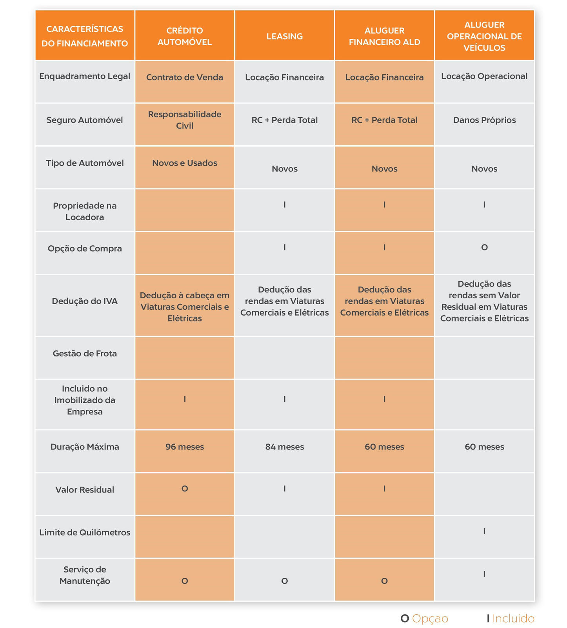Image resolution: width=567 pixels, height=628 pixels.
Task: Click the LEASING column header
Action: coord(284,36)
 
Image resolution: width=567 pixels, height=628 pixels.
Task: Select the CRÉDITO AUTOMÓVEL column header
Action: coord(184,36)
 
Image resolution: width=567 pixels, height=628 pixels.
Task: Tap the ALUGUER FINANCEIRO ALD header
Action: coord(384,36)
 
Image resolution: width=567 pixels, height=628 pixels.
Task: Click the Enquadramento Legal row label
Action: coord(85,76)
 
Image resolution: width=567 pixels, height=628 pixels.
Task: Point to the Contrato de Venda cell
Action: coord(184,77)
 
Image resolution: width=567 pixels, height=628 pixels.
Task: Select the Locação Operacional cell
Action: coord(484,76)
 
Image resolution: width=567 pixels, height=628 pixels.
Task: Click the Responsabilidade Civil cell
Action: coord(184,120)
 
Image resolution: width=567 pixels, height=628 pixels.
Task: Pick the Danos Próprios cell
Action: coord(484,120)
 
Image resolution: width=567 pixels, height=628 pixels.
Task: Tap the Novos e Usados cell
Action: coord(184,163)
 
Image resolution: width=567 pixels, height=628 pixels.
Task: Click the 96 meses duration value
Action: coord(184,447)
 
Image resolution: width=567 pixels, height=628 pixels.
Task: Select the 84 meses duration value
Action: coord(284,447)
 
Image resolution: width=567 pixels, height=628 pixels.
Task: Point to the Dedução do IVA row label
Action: coord(85,301)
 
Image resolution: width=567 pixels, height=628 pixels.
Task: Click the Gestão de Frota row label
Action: coord(85,353)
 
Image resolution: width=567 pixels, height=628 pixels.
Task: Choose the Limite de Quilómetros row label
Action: coord(85,532)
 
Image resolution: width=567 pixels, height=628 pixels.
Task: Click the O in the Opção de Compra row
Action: coord(484,247)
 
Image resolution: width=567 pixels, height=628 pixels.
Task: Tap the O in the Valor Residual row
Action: coord(184,489)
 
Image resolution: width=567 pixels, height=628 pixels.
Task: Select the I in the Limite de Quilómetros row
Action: coord(484,531)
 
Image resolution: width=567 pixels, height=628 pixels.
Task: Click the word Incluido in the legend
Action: coord(513,619)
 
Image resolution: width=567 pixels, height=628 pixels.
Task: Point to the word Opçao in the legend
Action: coord(430,619)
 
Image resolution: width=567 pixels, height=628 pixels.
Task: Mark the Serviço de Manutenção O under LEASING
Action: coord(284,581)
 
